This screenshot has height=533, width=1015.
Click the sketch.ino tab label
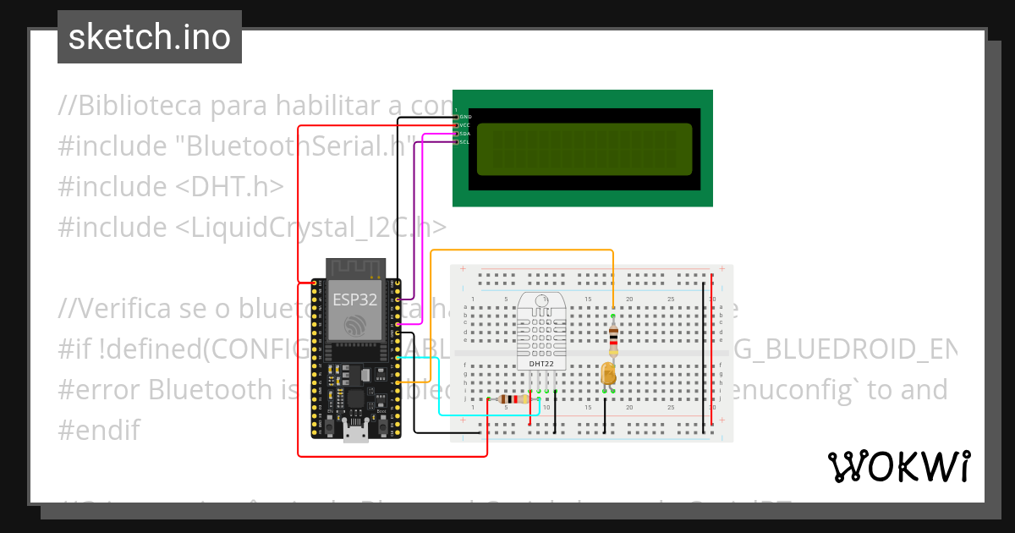pyautogui.click(x=150, y=37)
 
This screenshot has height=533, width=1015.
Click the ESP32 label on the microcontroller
pyautogui.click(x=354, y=298)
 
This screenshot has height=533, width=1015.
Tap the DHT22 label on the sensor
pyautogui.click(x=540, y=365)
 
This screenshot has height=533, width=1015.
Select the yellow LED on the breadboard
pyautogui.click(x=608, y=374)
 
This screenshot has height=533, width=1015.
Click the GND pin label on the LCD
pyautogui.click(x=465, y=117)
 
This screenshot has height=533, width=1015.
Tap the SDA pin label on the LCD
pyautogui.click(x=465, y=134)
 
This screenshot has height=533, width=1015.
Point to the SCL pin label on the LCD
pyautogui.click(x=464, y=142)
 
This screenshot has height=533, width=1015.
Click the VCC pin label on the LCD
pyautogui.click(x=465, y=125)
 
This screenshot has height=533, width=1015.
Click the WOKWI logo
pyautogui.click(x=898, y=466)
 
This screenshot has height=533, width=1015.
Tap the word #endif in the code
pyautogui.click(x=99, y=430)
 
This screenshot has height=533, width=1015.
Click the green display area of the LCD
pyautogui.click(x=584, y=149)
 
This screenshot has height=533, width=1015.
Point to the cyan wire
pyautogui.click(x=440, y=389)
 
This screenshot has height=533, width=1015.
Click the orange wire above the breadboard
pyautogui.click(x=524, y=250)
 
